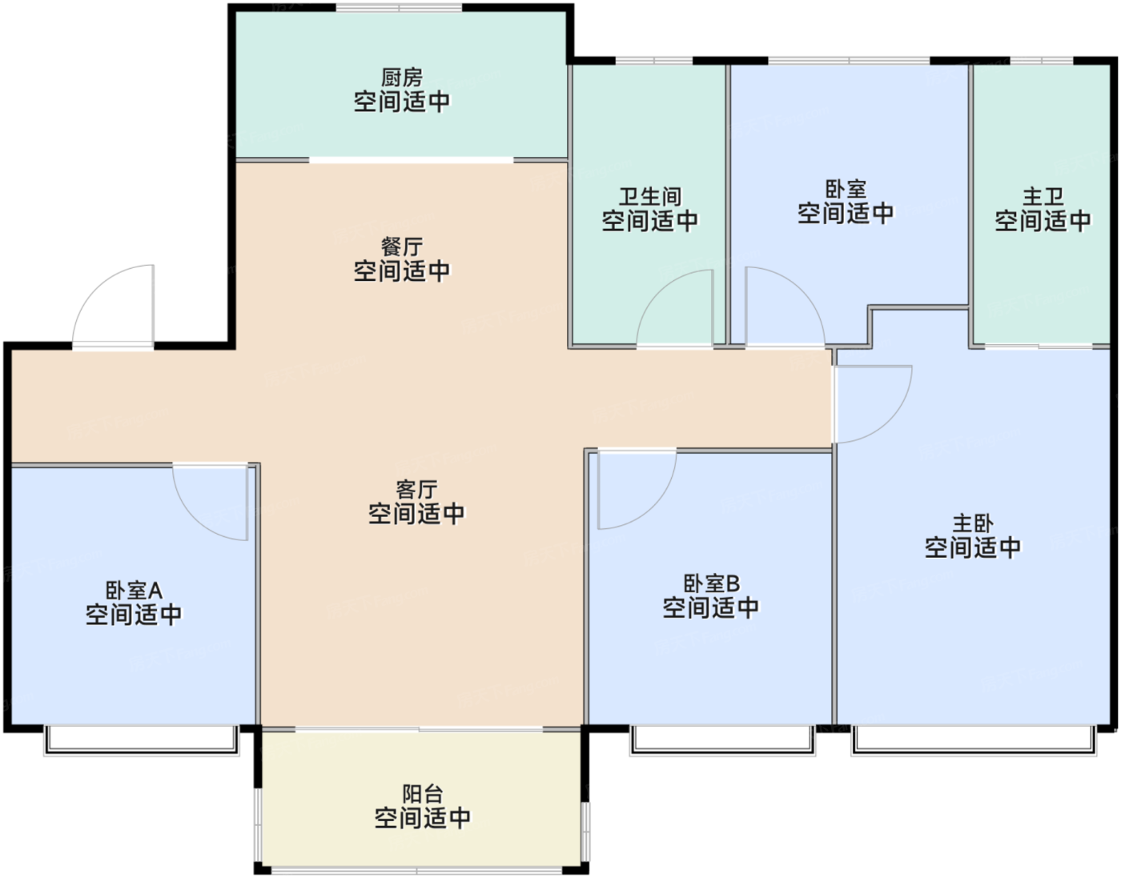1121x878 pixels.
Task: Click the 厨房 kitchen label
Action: click(402, 78)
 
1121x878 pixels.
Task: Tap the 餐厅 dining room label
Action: click(402, 247)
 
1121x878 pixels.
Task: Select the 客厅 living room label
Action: click(416, 489)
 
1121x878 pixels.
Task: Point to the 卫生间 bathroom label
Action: click(650, 196)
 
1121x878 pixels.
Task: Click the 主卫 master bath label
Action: click(1043, 196)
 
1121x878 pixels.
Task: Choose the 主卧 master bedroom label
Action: click(972, 523)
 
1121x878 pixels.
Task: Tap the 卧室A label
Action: click(135, 591)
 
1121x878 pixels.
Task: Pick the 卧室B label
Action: click(711, 583)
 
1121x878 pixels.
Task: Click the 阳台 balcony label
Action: click(423, 794)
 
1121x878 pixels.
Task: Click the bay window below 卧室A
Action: click(142, 741)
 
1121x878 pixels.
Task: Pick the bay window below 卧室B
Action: click(722, 741)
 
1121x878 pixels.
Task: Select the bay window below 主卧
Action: click(974, 741)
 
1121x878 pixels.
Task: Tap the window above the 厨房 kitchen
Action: click(399, 7)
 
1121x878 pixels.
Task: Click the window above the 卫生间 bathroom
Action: click(654, 61)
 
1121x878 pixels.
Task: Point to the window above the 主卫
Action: click(1042, 61)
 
